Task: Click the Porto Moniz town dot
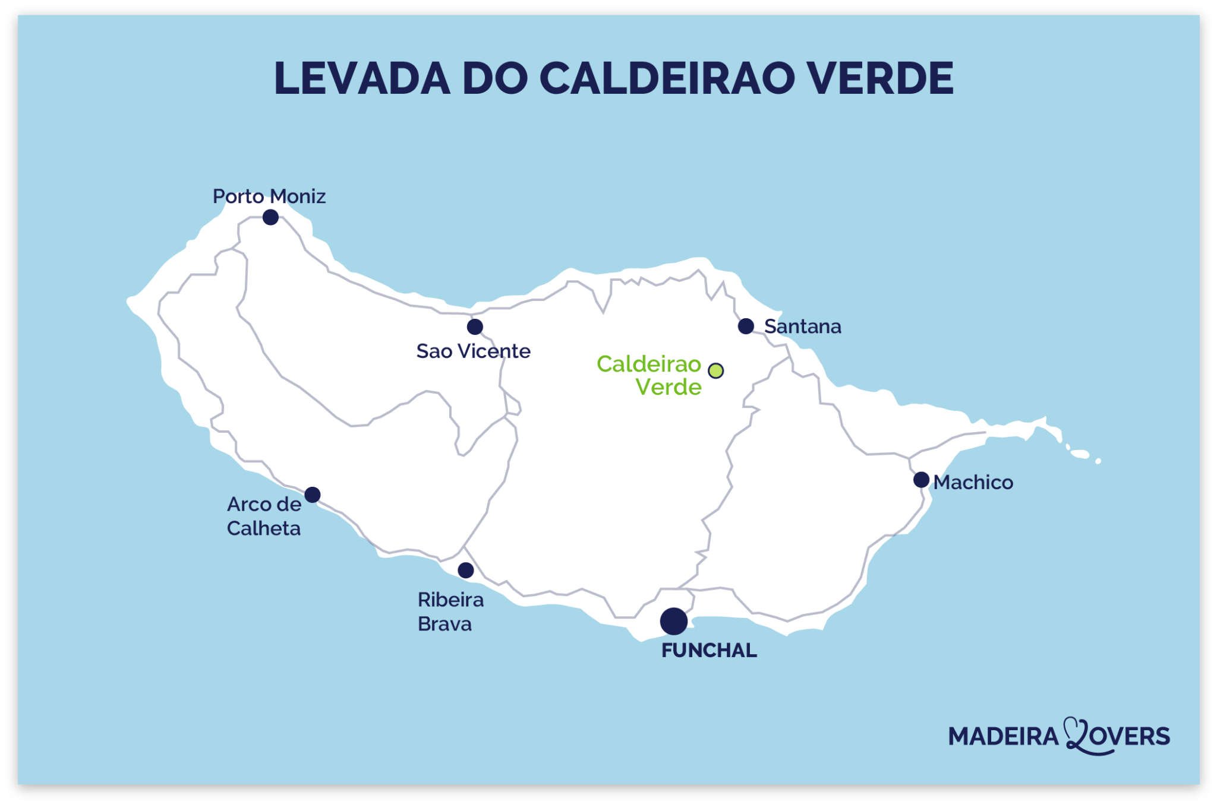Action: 270,217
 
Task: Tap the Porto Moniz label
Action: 269,197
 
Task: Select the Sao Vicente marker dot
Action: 475,327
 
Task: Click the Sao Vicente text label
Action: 473,351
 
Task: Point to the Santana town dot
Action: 746,326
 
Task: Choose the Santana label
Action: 802,327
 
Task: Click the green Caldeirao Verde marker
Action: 716,371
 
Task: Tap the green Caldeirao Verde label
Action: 650,375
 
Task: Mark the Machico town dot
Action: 921,480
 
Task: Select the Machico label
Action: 973,482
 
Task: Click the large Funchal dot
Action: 674,622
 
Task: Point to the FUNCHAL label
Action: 709,651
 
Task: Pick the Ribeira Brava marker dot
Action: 466,571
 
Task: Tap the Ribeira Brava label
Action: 450,612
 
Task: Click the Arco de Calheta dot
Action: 313,495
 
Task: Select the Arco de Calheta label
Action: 264,516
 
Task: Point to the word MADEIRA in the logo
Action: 1003,737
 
